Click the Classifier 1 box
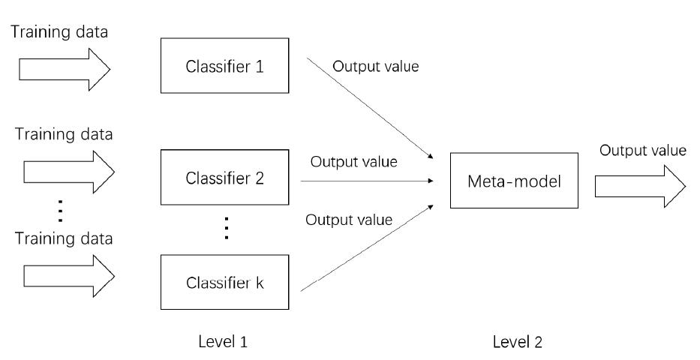pyautogui.click(x=224, y=67)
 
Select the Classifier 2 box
pyautogui.click(x=224, y=178)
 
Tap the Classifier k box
pyautogui.click(x=224, y=284)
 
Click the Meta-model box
pyautogui.click(x=514, y=181)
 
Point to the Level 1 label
pyautogui.click(x=224, y=342)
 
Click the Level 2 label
pyautogui.click(x=518, y=342)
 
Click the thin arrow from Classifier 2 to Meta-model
pyautogui.click(x=368, y=181)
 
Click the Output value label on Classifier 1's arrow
pyautogui.click(x=375, y=67)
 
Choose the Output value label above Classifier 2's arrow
pyautogui.click(x=354, y=161)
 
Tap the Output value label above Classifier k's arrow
pyautogui.click(x=348, y=220)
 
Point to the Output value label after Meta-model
pyautogui.click(x=642, y=151)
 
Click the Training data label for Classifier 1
pyautogui.click(x=60, y=32)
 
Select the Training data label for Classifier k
pyautogui.click(x=63, y=239)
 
